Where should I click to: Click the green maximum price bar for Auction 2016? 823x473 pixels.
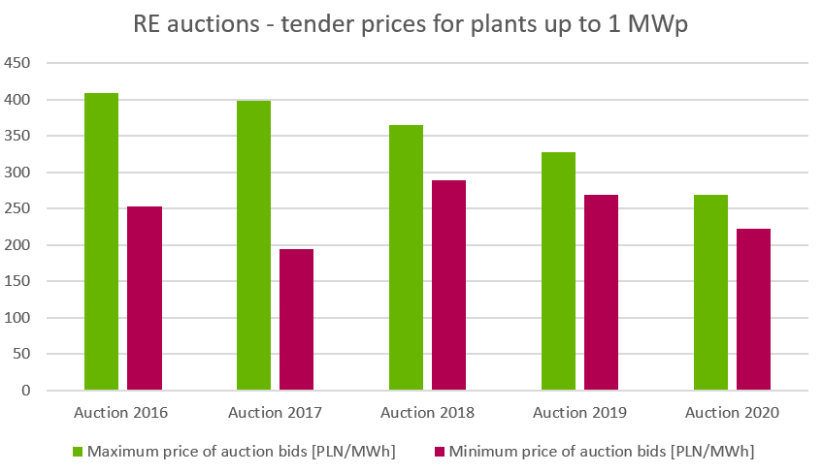click(102, 242)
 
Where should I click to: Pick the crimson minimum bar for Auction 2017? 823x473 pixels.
click(297, 320)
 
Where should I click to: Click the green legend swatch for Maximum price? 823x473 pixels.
click(79, 451)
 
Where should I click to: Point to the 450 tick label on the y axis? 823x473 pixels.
click(19, 64)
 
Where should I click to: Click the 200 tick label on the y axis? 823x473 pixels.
click(19, 245)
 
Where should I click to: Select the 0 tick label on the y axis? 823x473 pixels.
click(27, 391)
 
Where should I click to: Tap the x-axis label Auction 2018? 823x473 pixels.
click(428, 413)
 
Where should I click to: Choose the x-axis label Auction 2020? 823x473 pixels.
click(733, 413)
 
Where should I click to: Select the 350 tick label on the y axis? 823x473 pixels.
click(19, 137)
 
